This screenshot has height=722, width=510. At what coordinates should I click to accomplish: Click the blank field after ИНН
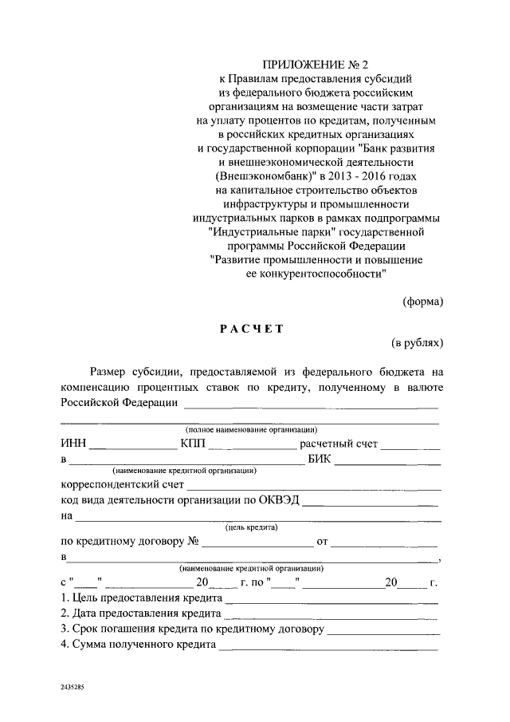point(132,446)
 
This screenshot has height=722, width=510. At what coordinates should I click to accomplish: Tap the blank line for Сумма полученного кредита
point(328,647)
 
